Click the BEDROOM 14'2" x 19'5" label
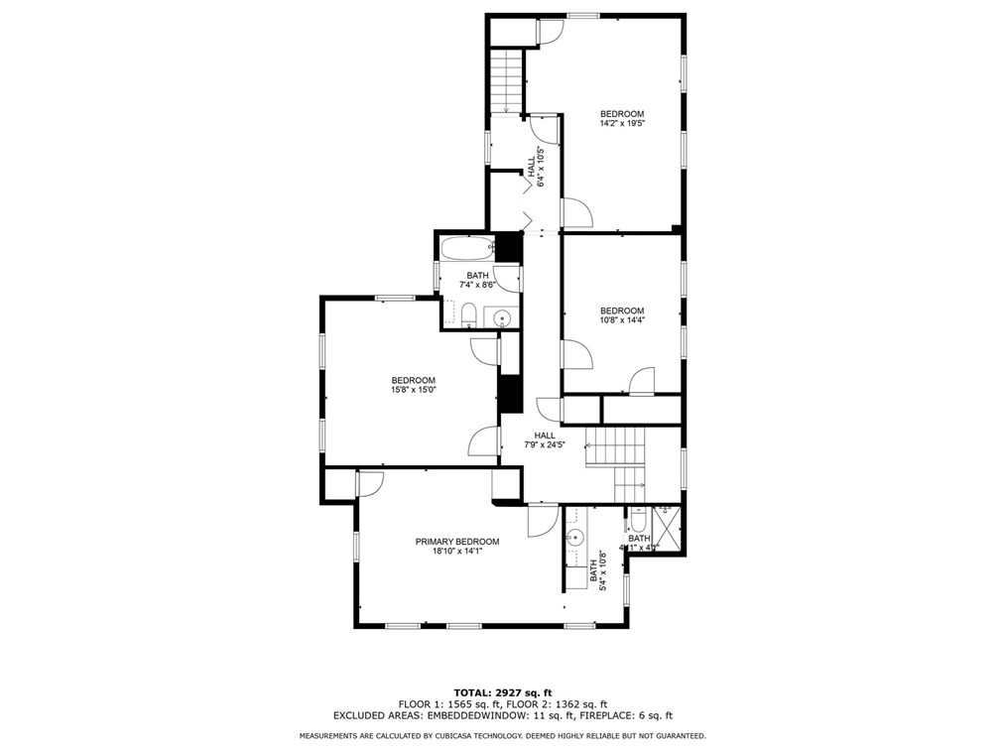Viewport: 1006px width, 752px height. coord(622,119)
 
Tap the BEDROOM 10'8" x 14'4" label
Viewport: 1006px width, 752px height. coord(622,315)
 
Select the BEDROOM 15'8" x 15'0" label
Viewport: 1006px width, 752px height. coord(413,386)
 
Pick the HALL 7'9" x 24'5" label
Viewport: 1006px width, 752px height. coord(545,440)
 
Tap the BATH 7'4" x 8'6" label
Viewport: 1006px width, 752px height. coord(477,281)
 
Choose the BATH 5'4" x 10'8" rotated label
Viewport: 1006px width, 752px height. coord(598,572)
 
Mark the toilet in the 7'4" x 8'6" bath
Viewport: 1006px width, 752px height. coord(469,317)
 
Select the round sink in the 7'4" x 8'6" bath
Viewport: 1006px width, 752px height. coord(503,318)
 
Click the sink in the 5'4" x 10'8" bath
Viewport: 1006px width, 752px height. coord(574,538)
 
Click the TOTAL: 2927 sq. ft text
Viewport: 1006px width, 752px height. coord(503,691)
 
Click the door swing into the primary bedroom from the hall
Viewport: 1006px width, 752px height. coord(542,520)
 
